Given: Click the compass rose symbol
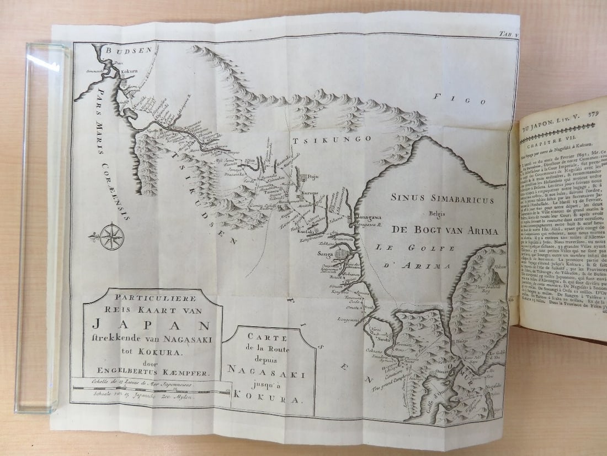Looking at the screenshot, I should tap(112, 237).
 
